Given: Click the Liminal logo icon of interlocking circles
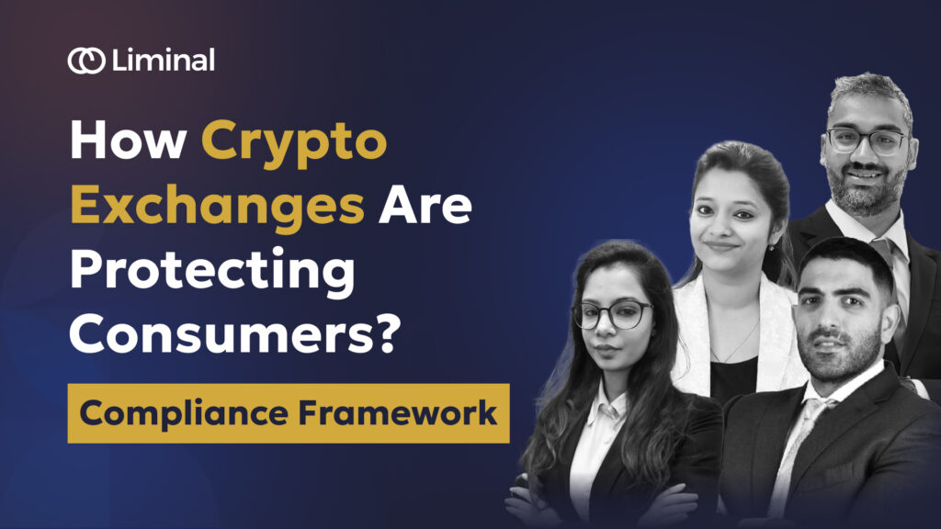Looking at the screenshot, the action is point(86,61).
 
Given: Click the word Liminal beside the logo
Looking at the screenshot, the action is point(164,60).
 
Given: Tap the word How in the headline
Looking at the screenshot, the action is point(128,140).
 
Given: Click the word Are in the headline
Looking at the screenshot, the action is point(425,205).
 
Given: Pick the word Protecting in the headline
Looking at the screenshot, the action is point(212,273).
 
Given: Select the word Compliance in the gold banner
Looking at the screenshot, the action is point(184,415).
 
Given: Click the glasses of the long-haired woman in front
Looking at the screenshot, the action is point(612,315).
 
